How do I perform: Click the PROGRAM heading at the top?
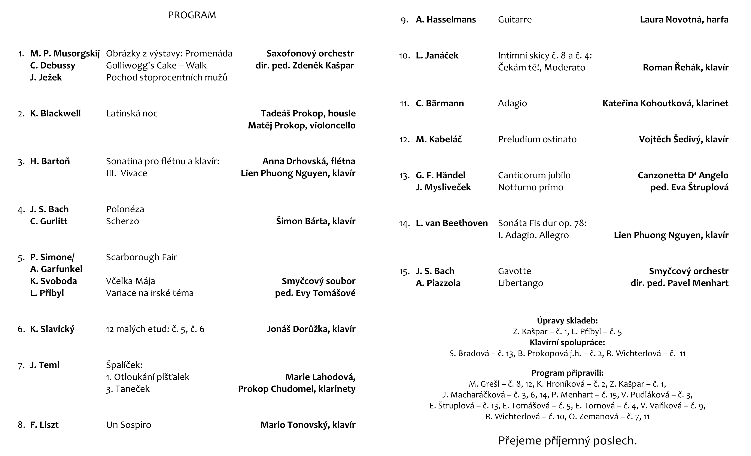[192, 15]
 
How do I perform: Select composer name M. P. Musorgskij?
[65, 54]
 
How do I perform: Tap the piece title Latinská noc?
[132, 113]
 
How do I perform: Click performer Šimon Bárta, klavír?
[316, 221]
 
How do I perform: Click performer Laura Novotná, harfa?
[684, 19]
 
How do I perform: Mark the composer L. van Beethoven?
[451, 223]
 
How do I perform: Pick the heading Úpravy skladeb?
[567, 321]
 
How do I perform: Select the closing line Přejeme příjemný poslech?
[567, 440]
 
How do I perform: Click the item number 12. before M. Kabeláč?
[404, 140]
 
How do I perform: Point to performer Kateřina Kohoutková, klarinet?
[665, 103]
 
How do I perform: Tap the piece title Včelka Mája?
[130, 281]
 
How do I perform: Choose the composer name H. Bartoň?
[50, 161]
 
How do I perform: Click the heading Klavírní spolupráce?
[567, 342]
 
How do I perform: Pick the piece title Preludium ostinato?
[537, 139]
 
